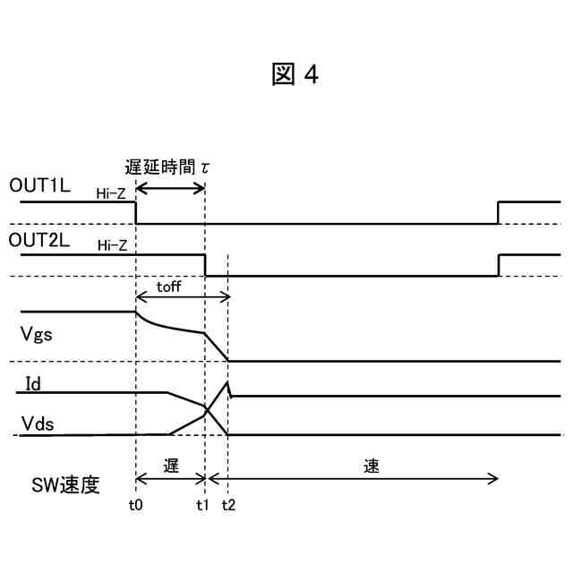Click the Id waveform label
click(x=31, y=383)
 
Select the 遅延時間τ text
click(x=168, y=167)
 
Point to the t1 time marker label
click(x=203, y=504)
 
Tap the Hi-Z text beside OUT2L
click(x=111, y=245)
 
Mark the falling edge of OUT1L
click(x=135, y=213)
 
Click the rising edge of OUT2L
click(x=498, y=265)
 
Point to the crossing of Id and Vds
click(x=207, y=410)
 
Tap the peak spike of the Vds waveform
click(x=228, y=383)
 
